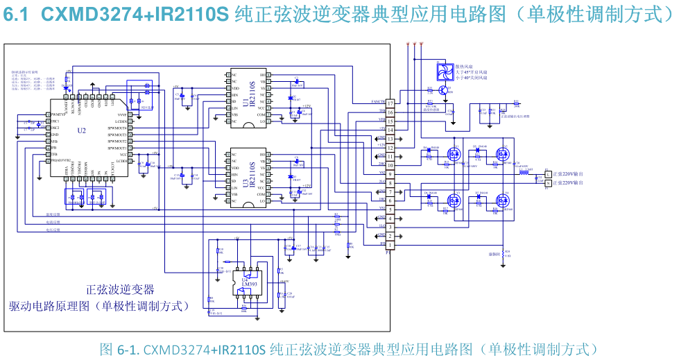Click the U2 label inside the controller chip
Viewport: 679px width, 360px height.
82,130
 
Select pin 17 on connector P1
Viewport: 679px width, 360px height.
390,103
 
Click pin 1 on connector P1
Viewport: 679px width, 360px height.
390,245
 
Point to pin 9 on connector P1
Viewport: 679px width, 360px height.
390,174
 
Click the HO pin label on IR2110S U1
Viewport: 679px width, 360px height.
263,74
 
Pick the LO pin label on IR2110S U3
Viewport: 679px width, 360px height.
263,201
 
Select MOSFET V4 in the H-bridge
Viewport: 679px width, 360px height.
502,200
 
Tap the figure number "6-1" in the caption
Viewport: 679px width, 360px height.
129,349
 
